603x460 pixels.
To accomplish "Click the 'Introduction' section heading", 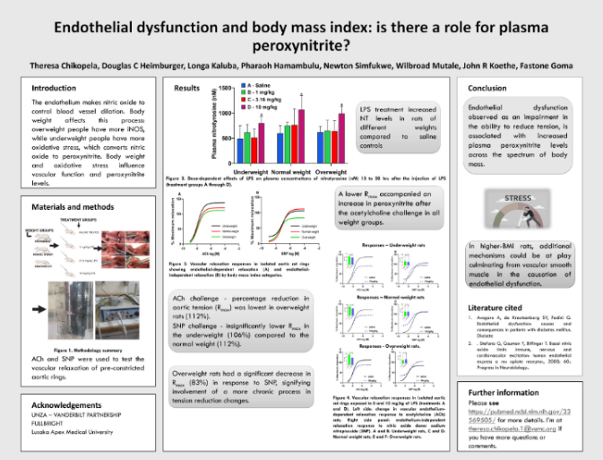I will (x=54, y=88).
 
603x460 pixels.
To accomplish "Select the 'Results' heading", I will (x=185, y=88).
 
